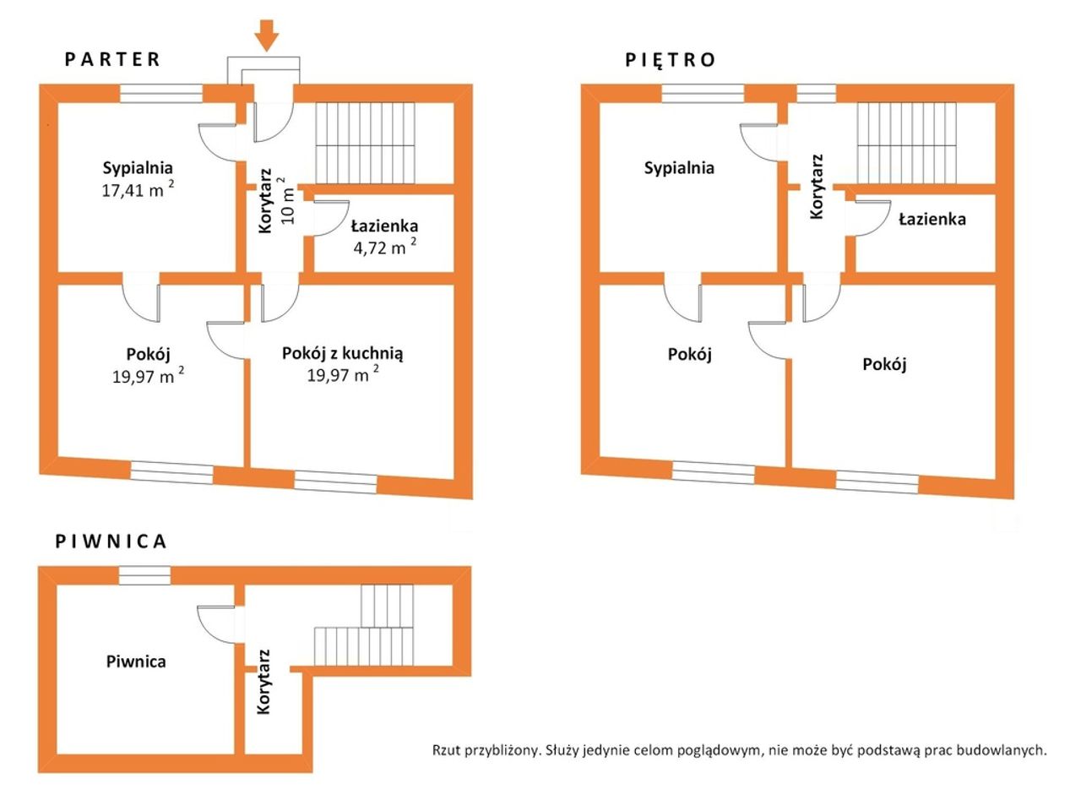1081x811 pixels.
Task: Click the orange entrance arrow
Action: coord(266,35)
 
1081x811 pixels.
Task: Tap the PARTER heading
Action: coord(112,60)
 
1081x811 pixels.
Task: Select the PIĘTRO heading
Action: coord(670,60)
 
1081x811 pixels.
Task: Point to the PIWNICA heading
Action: coord(111,542)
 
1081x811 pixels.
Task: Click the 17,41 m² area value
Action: coord(138,189)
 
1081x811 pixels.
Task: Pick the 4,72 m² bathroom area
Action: coord(384,247)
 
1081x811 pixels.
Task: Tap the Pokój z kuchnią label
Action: coord(342,354)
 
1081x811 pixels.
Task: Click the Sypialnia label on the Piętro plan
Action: coord(679,168)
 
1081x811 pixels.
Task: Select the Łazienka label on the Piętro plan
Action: coord(932,219)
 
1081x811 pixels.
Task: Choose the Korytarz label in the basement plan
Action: coord(263,682)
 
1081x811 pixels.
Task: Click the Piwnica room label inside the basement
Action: coord(136,661)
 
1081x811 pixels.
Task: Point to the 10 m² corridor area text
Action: coord(287,200)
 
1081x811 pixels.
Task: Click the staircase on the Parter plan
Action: coord(365,143)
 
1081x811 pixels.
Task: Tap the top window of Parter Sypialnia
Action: coord(161,94)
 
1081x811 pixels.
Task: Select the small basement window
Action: coord(144,575)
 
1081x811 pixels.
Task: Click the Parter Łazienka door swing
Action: coord(331,218)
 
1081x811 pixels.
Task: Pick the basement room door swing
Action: coord(216,624)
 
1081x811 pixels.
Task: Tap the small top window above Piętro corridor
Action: coord(816,94)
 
